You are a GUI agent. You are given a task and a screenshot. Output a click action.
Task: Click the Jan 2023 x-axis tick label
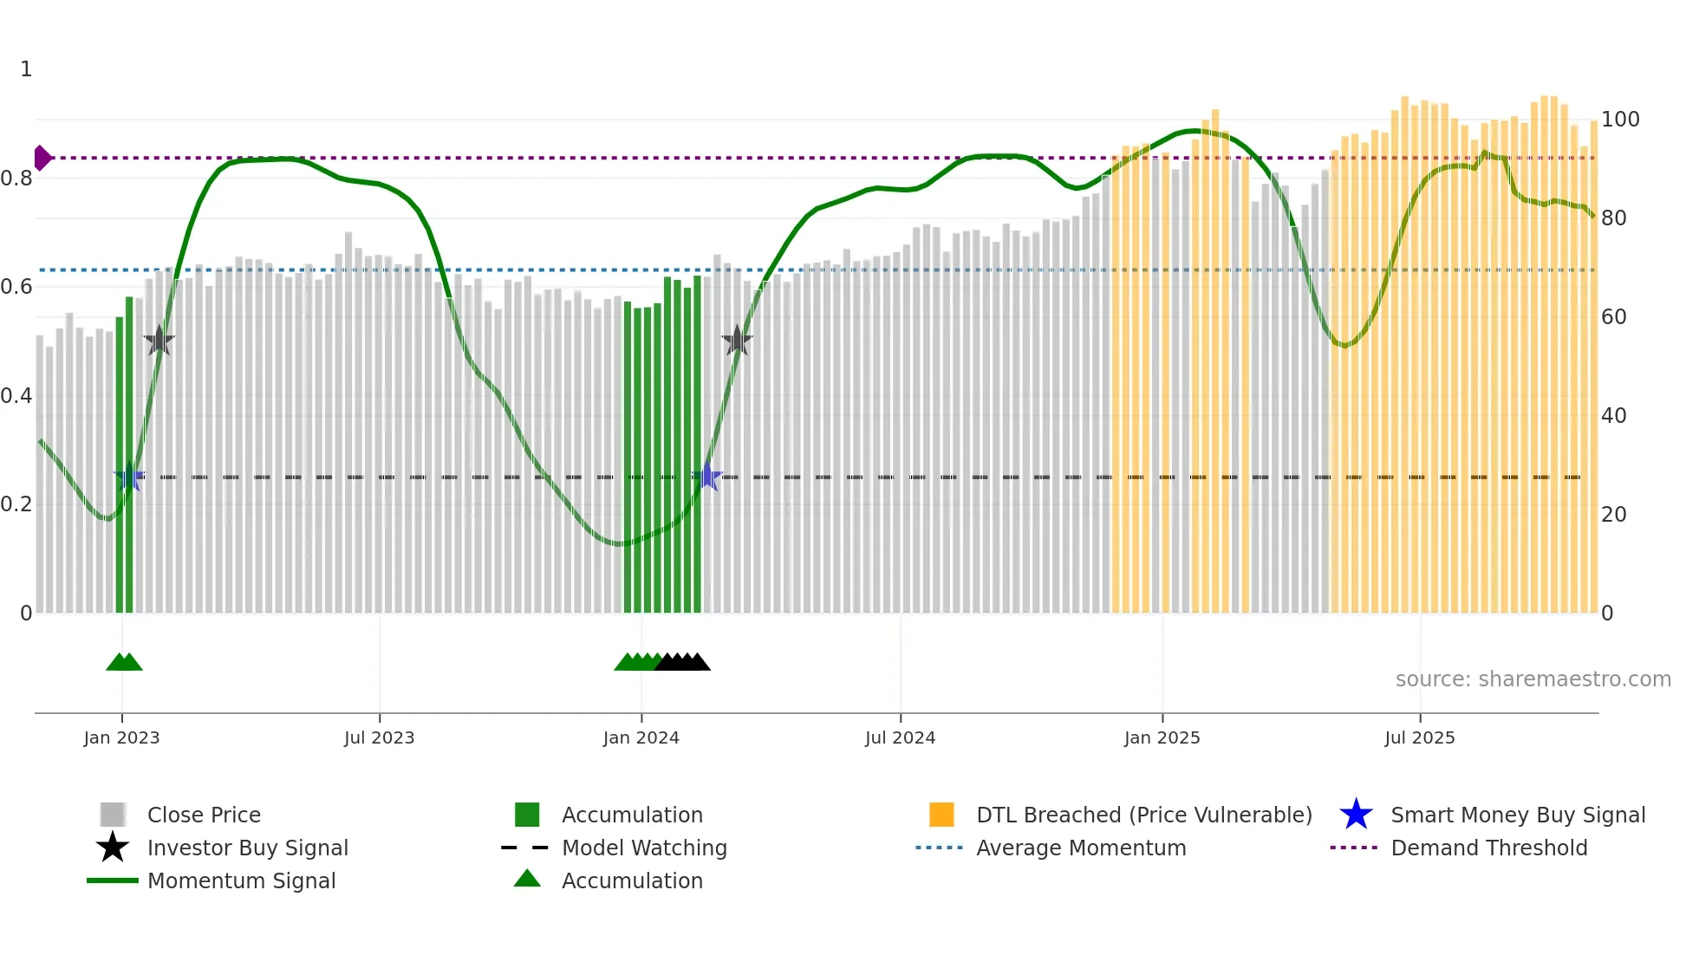point(121,737)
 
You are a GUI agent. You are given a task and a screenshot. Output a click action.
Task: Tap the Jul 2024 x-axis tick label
point(900,737)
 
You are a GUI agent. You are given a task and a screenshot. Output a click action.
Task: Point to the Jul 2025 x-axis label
point(1419,737)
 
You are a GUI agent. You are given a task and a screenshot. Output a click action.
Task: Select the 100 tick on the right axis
point(1619,120)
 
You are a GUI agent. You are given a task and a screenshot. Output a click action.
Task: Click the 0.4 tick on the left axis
point(16,396)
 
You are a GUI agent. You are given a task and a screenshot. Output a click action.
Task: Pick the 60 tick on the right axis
point(1613,317)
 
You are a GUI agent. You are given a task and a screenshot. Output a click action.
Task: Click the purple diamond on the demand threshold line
point(42,158)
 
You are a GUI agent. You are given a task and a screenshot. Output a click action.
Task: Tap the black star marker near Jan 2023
point(159,341)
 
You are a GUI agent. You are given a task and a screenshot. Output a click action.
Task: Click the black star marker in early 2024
point(737,341)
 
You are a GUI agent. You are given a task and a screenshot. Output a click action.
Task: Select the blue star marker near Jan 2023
point(129,477)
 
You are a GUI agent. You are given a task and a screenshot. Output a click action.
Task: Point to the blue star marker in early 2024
point(707,477)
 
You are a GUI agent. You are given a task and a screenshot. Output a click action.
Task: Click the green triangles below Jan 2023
point(124,662)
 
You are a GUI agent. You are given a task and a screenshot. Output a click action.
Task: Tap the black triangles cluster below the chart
point(683,662)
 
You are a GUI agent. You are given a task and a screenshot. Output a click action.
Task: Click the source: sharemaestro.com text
point(1533,679)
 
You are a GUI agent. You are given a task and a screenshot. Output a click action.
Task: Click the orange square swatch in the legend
point(941,815)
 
